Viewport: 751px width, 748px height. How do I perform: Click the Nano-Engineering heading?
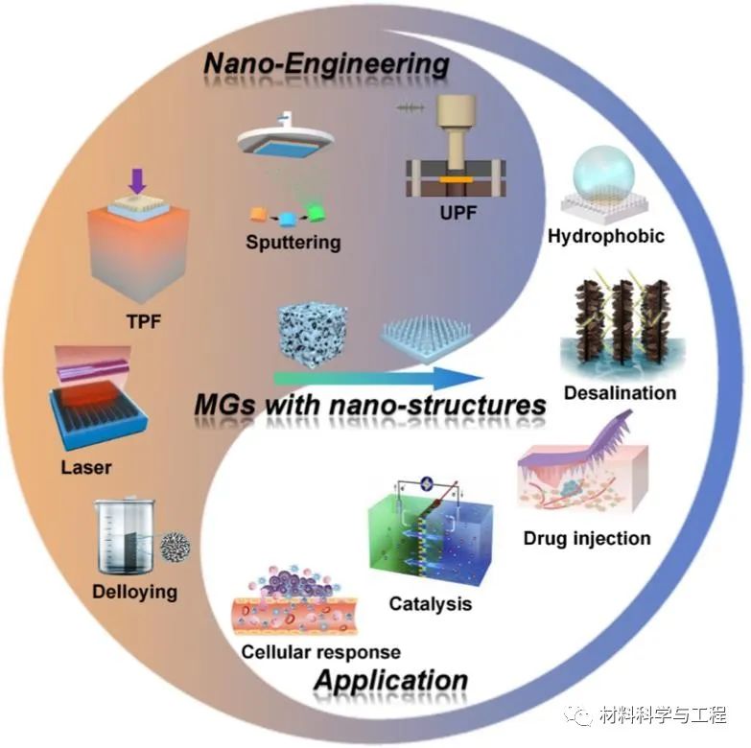[x=327, y=65]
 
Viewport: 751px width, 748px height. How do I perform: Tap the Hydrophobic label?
[x=605, y=236]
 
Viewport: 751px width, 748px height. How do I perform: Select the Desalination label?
[x=620, y=392]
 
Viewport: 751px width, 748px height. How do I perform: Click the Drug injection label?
[x=587, y=537]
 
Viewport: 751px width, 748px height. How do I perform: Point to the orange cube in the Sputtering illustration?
[x=258, y=214]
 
